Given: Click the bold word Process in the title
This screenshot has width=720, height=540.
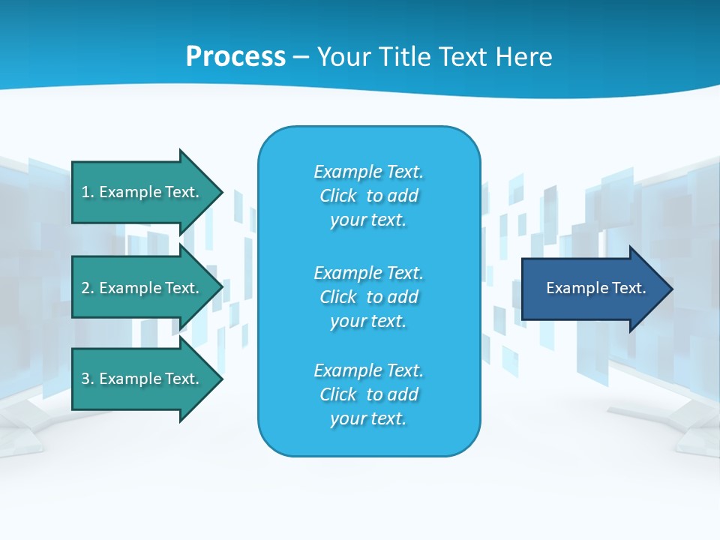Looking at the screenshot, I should point(235,57).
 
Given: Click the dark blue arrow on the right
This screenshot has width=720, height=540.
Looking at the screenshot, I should point(592,289).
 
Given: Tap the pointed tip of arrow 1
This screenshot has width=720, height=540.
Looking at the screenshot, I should point(220,192).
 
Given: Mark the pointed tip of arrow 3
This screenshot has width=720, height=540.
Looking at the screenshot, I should point(220,379).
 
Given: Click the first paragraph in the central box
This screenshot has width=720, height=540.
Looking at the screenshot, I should point(368,196).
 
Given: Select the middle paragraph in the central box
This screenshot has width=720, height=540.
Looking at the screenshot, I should point(368,297).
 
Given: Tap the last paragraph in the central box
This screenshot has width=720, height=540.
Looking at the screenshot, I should point(368,394).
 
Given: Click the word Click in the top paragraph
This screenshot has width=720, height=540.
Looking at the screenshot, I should point(338,196).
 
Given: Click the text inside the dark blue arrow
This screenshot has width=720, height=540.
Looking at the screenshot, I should point(595,288).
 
